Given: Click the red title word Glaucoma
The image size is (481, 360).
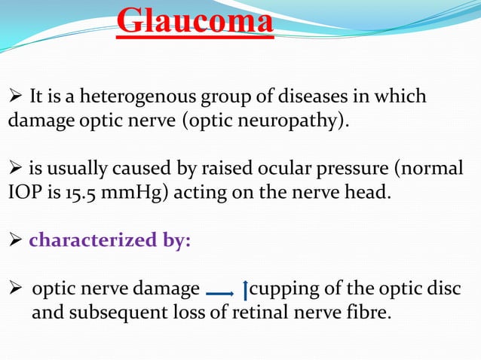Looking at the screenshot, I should (195, 21).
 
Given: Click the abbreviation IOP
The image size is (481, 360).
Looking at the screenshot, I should (21, 191).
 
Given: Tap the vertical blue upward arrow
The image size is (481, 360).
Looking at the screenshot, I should (245, 291).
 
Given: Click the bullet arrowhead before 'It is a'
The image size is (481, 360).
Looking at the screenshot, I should (14, 98).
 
